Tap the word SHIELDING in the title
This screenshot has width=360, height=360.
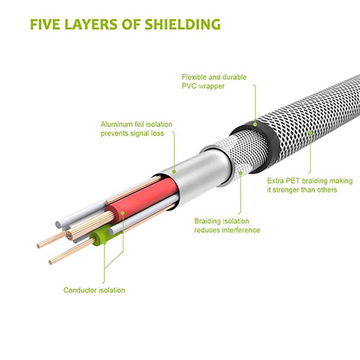click(182, 24)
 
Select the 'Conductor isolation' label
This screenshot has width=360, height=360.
click(94, 290)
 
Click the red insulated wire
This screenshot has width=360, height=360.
click(141, 198)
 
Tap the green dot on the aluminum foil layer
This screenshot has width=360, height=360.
click(174, 172)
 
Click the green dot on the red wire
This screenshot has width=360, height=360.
click(123, 213)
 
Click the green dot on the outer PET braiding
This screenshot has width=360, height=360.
click(310, 132)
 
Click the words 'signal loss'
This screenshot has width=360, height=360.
click(147, 133)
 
